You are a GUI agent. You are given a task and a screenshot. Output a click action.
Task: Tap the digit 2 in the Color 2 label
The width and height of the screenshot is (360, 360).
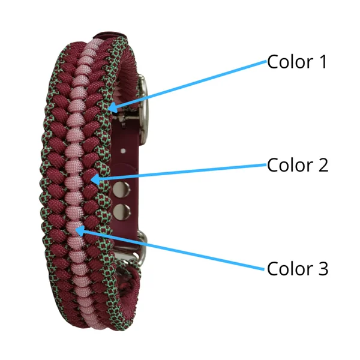tap(323, 165)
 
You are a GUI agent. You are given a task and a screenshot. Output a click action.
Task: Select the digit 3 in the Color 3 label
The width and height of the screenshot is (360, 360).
tap(323, 268)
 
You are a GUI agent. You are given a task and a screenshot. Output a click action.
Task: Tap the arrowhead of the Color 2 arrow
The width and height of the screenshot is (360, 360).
tap(96, 179)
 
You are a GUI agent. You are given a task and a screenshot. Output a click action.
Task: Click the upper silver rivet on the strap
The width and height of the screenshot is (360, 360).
tap(121, 190)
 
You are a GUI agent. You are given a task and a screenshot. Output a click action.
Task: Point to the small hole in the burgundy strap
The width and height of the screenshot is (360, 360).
tap(123, 151)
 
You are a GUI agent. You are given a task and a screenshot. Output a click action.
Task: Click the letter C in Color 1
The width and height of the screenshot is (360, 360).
tap(273, 62)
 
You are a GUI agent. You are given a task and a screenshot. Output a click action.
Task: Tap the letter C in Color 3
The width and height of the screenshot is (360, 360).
tap(273, 268)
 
